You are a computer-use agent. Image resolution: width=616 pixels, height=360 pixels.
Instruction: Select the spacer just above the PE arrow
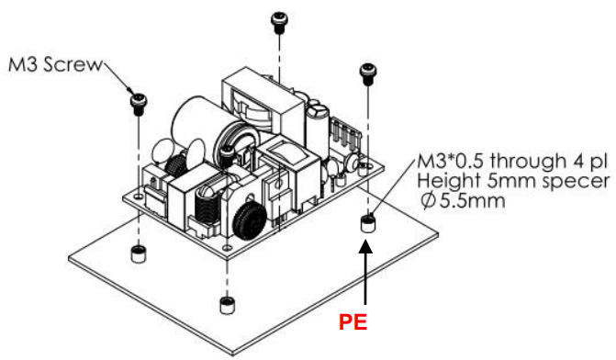pyautogui.click(x=366, y=223)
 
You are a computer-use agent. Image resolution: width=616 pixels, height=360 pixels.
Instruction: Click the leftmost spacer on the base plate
pyautogui.click(x=138, y=253)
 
